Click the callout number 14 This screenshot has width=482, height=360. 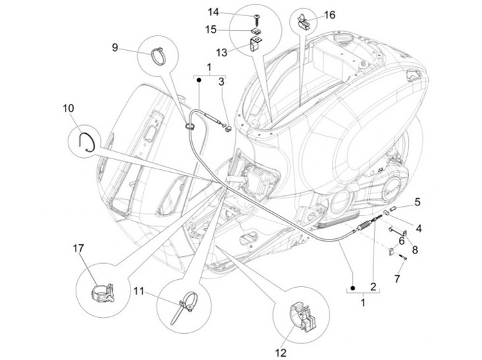pos(212,12)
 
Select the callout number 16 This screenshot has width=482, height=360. pos(330,15)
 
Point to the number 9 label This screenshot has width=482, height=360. pos(114,47)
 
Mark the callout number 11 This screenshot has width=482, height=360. pos(138,291)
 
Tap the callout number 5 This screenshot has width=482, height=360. pos(416,201)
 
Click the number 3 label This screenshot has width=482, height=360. pos(221,82)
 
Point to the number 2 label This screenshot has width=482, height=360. pos(374,286)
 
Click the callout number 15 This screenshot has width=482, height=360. pos(212,30)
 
